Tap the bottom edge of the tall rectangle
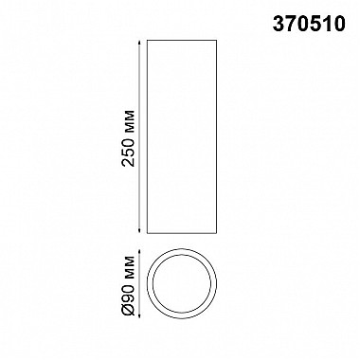point(182,231)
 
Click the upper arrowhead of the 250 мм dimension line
point(139,45)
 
